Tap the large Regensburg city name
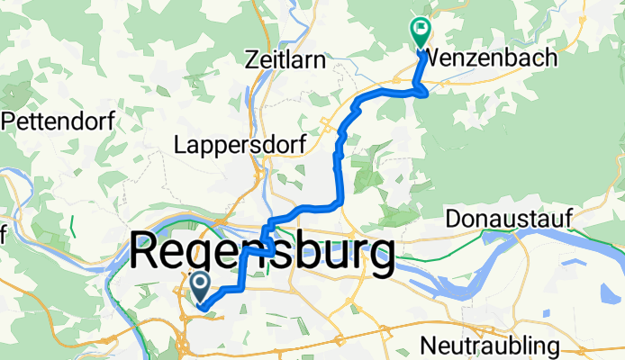coord(262,252)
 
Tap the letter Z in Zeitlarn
coord(252,59)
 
